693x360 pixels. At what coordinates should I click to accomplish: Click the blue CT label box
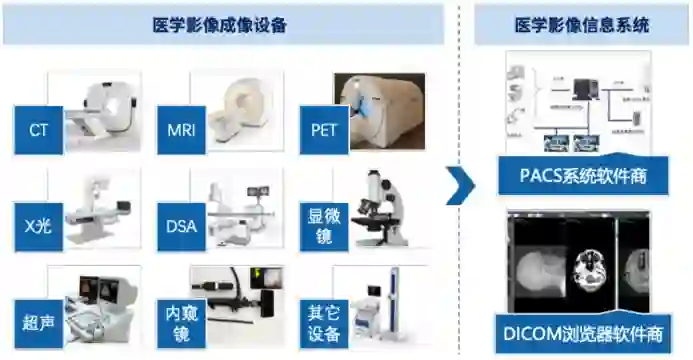[38, 130]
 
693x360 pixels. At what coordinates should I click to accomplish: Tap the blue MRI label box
[181, 130]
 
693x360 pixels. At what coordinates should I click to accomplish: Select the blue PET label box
[324, 130]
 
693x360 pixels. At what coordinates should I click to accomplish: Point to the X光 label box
[38, 227]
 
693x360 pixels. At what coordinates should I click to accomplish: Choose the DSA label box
[181, 227]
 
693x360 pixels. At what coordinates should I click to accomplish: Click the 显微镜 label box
[324, 227]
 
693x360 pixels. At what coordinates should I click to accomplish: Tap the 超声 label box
[38, 324]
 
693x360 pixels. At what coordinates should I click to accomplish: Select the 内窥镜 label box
[181, 324]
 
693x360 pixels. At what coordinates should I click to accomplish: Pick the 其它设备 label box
[324, 324]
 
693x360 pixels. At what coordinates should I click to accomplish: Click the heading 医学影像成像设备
[220, 25]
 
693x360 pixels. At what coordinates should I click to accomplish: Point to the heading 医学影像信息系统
[582, 25]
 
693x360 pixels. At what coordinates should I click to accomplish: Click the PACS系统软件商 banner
[583, 175]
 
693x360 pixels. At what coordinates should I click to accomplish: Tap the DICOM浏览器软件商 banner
[583, 334]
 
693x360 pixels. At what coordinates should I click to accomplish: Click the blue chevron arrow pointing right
[462, 186]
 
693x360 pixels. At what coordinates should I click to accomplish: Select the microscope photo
[379, 208]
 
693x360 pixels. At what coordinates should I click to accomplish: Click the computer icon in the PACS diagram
[585, 89]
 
